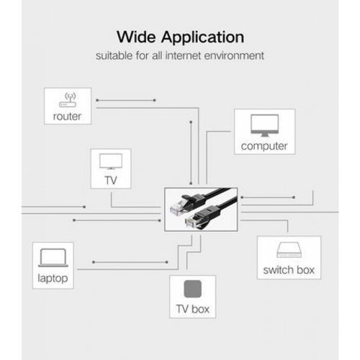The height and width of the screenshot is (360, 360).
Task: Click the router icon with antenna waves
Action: click(x=68, y=100)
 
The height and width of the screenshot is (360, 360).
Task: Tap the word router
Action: click(x=67, y=117)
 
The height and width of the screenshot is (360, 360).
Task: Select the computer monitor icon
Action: click(x=264, y=125)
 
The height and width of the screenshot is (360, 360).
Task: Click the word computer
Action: click(x=264, y=146)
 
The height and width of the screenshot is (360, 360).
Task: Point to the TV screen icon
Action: click(x=111, y=161)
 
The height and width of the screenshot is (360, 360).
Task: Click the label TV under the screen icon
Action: click(x=111, y=181)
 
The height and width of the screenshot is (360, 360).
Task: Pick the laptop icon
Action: click(x=53, y=258)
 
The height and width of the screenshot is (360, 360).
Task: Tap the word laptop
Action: click(x=53, y=279)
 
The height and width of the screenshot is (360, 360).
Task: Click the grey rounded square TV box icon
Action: click(x=193, y=289)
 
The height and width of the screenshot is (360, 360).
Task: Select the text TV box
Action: click(x=193, y=309)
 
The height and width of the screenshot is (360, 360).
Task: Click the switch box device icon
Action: click(x=289, y=250)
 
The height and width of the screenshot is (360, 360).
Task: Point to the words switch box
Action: click(x=289, y=270)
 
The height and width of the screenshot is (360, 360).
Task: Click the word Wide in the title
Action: click(x=136, y=37)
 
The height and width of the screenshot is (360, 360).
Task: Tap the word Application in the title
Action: click(x=203, y=38)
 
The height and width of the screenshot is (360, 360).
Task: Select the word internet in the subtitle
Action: click(x=183, y=55)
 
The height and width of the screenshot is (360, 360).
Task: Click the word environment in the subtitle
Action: click(x=234, y=55)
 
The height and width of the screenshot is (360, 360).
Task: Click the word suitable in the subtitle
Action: click(x=114, y=55)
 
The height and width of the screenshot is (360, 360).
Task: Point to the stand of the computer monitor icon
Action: click(x=264, y=135)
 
